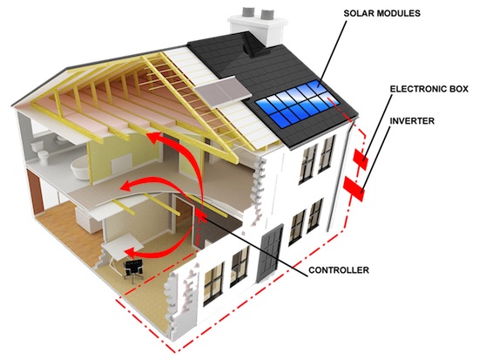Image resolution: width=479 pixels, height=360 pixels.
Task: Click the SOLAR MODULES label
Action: (381, 13)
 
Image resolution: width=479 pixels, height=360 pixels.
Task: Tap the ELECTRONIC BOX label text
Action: (428, 89)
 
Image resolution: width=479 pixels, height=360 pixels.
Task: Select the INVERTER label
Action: (412, 121)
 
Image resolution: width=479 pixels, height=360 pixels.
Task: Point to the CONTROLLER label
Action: (339, 270)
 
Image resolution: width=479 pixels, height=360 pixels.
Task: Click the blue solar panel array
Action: (297, 104)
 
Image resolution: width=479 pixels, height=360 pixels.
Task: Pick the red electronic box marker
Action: (361, 159)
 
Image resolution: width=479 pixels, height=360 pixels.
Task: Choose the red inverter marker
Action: (354, 188)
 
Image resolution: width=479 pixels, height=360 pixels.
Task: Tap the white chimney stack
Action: (258, 28)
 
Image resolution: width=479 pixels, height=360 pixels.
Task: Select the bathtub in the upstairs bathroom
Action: (81, 166)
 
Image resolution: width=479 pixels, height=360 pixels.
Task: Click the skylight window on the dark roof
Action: (253, 45)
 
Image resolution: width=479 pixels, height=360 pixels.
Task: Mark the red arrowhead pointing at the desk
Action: (132, 253)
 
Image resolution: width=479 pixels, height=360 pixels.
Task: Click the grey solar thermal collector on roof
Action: (223, 91)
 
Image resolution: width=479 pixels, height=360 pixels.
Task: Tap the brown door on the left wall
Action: (34, 193)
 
